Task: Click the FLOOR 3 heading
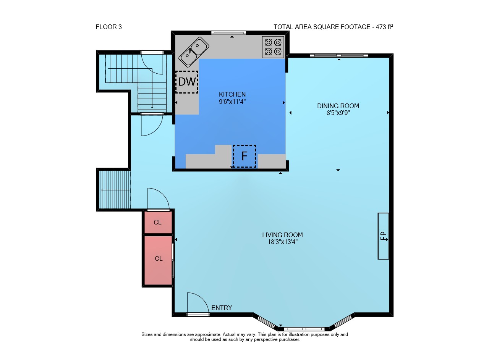click(x=108, y=27)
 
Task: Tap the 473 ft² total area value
click(x=384, y=27)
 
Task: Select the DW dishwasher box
click(x=187, y=82)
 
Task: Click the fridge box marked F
click(x=244, y=156)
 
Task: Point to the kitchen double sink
click(x=194, y=52)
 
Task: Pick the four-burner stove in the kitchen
click(x=273, y=47)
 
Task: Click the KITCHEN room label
click(x=232, y=94)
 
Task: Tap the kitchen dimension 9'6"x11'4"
click(x=232, y=102)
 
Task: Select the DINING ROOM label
click(x=338, y=106)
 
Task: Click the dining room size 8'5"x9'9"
click(x=338, y=113)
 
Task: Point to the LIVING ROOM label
click(x=282, y=235)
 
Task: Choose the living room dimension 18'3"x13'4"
click(x=283, y=242)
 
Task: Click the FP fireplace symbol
click(x=383, y=236)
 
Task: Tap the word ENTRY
click(x=222, y=308)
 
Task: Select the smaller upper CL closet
click(x=158, y=222)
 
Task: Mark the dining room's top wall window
click(x=339, y=56)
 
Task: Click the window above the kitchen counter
click(x=228, y=33)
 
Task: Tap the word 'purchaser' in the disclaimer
click(x=290, y=339)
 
